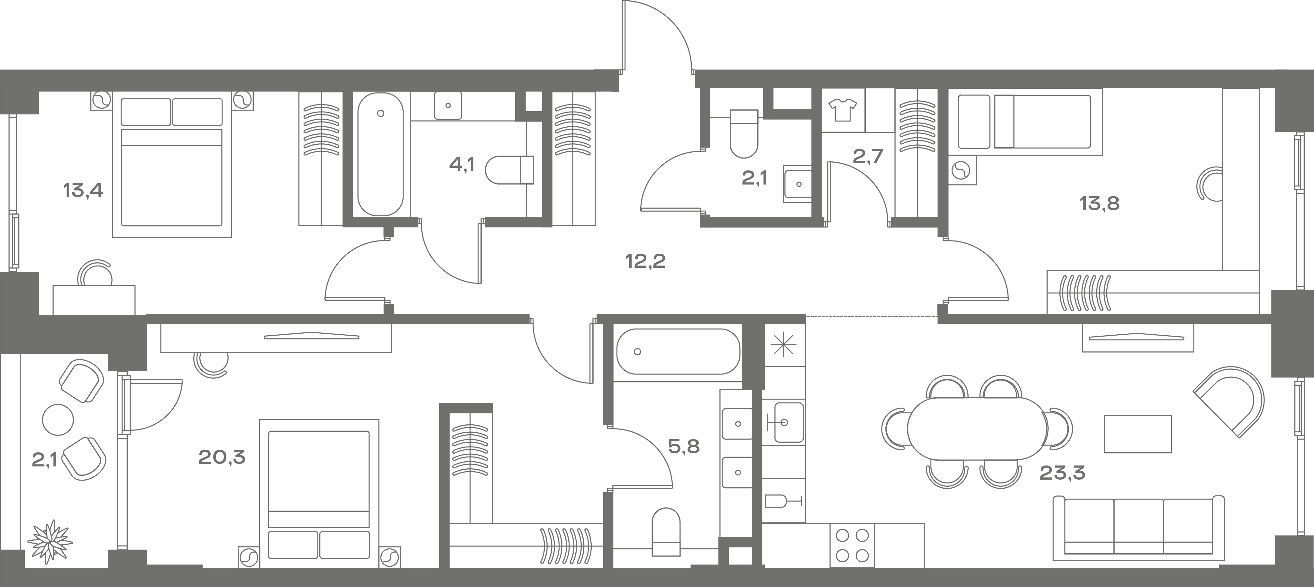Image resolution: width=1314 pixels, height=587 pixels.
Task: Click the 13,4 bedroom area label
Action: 83,191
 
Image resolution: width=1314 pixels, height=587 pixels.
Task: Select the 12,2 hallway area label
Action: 646,262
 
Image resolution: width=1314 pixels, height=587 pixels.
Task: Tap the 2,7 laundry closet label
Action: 868,156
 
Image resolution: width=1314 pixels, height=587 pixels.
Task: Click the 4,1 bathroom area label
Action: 461,165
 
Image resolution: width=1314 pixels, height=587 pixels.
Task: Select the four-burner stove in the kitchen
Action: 852,545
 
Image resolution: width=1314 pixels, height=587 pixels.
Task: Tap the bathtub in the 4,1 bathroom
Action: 380,154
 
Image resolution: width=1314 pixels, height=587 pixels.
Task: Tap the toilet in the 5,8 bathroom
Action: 666,531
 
